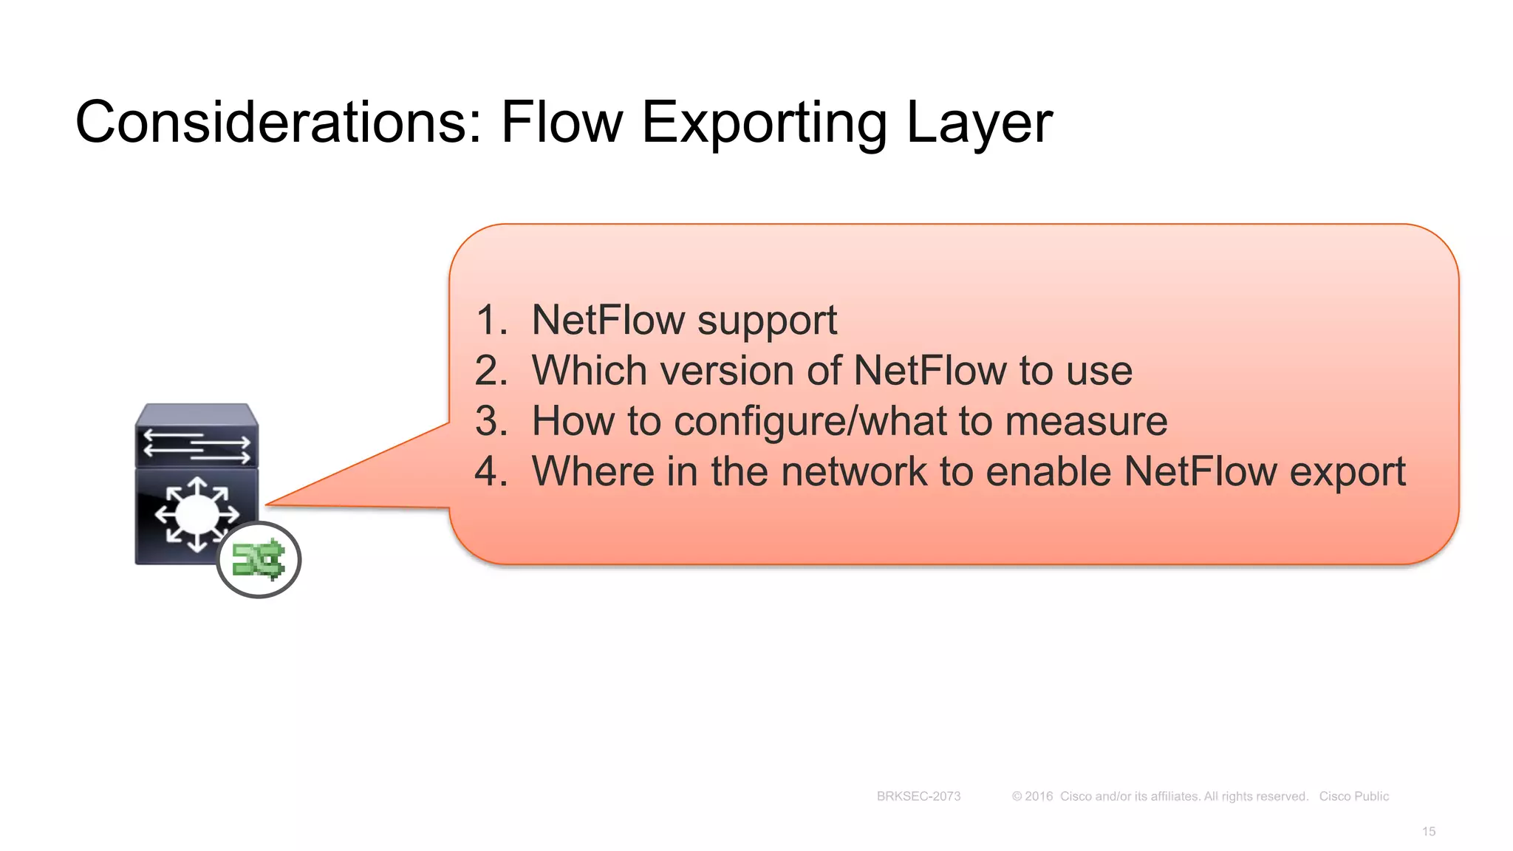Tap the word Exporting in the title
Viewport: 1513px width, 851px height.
pos(764,123)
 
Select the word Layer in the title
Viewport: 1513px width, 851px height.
pos(978,123)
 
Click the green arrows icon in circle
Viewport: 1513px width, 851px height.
pos(259,560)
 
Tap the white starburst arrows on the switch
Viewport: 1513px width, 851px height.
pos(197,514)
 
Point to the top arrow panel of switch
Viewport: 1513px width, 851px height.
pos(197,443)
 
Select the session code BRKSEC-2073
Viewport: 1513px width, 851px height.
pos(918,796)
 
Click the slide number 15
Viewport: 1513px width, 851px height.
pos(1428,832)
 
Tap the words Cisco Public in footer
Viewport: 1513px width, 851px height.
pos(1353,796)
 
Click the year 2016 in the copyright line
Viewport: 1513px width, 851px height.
pos(1038,796)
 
